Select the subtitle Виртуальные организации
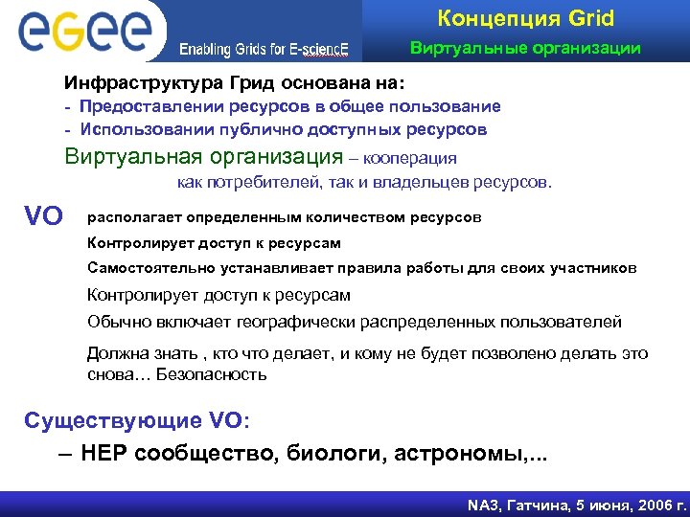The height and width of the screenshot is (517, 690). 525,49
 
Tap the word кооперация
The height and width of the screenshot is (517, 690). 411,158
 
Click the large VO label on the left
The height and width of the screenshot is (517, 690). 44,215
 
